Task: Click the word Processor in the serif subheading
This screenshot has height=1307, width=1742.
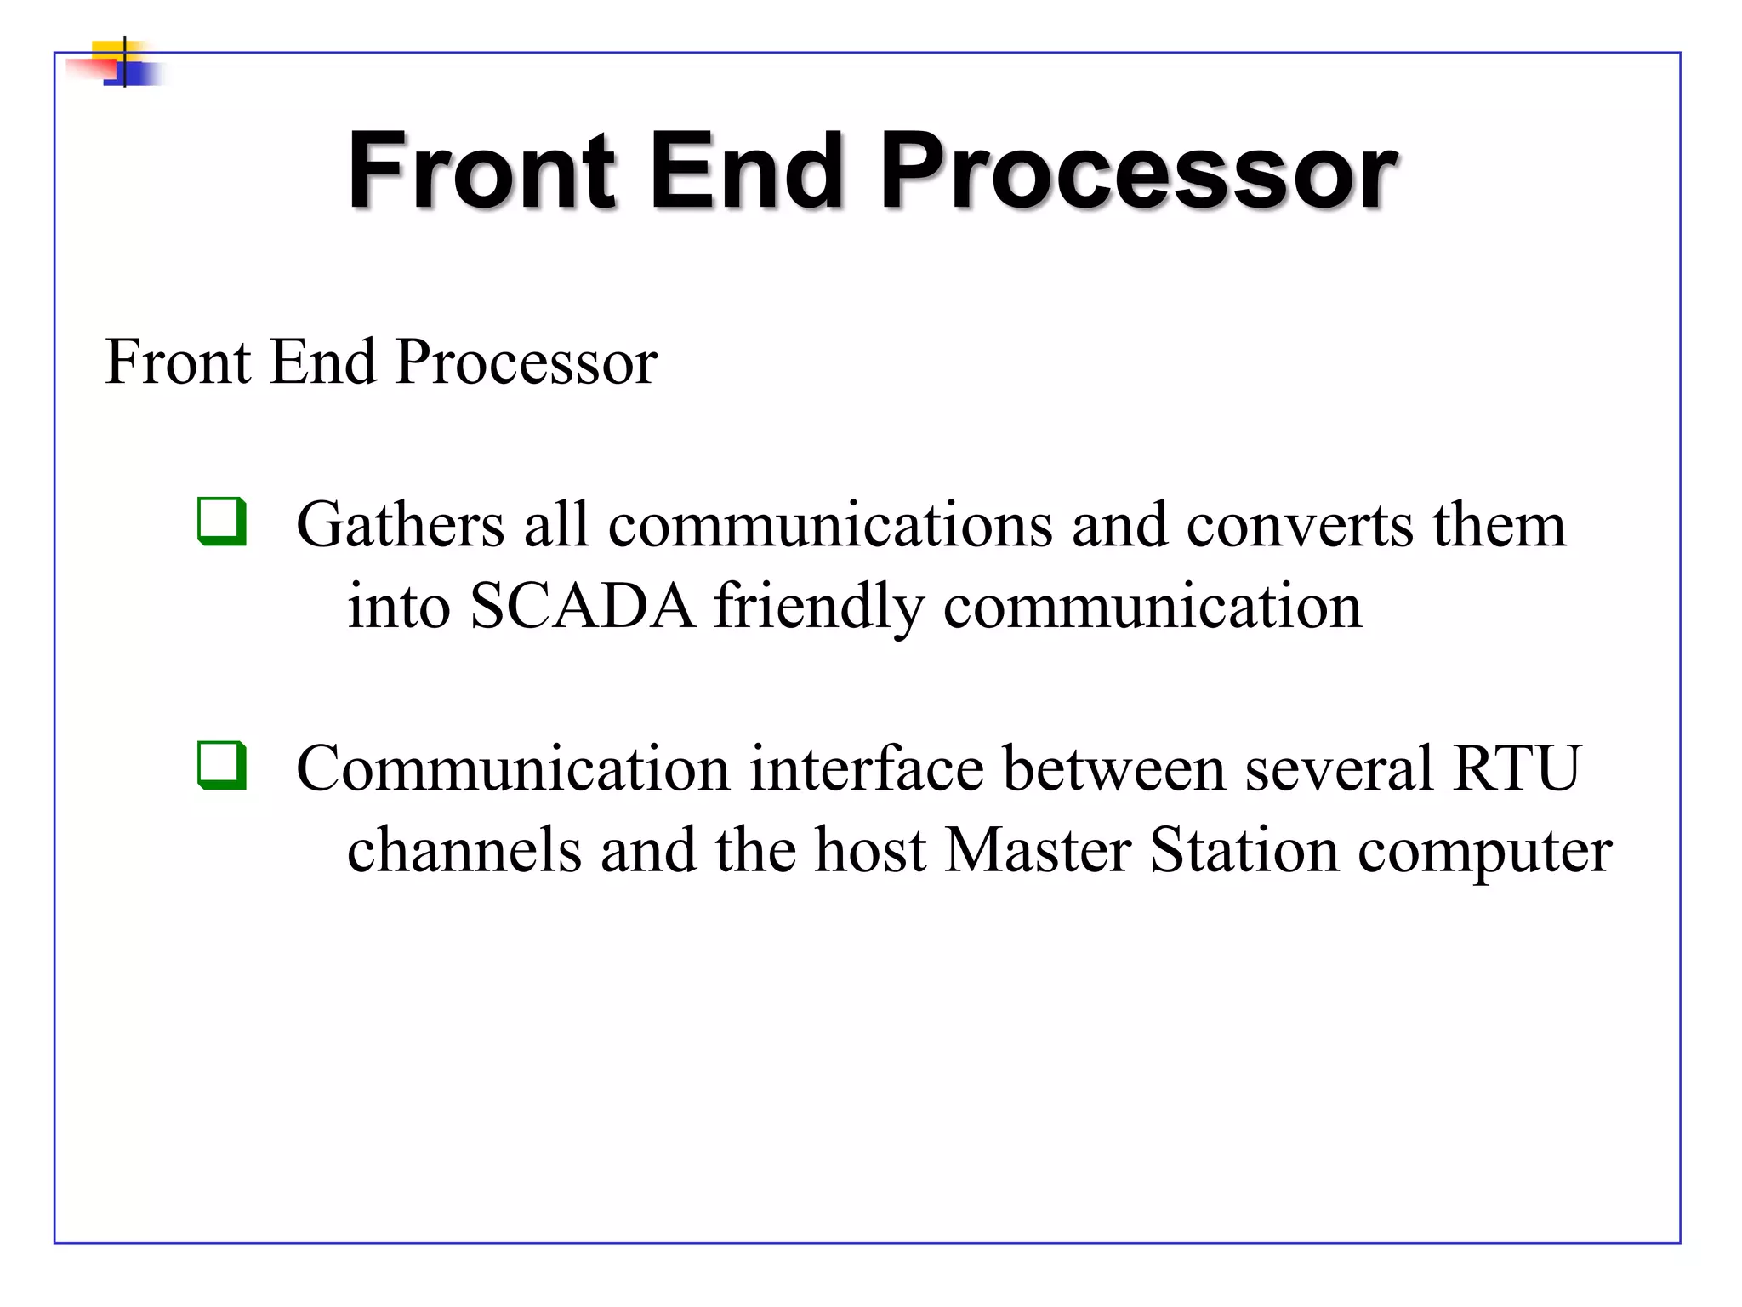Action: [x=527, y=362]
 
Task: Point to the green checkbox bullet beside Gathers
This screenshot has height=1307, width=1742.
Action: [x=222, y=521]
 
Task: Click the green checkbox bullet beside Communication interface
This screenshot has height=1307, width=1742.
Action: [x=222, y=765]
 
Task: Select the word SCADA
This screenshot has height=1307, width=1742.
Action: [x=582, y=606]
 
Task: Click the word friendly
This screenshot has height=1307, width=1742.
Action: [x=818, y=608]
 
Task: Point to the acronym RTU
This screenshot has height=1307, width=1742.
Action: [x=1517, y=768]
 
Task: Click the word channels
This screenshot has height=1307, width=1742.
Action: [x=464, y=850]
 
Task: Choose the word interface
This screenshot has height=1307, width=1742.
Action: [x=866, y=768]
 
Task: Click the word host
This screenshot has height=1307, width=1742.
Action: [x=869, y=850]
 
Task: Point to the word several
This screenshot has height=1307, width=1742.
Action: [x=1339, y=768]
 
